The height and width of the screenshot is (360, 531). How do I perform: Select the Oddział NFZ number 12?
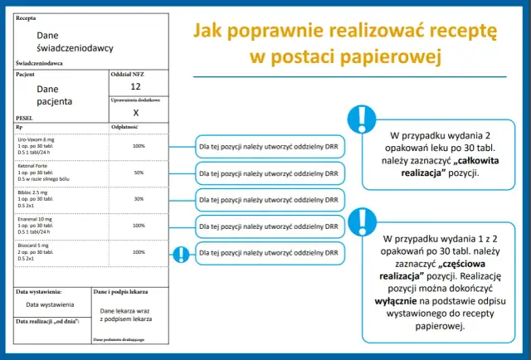[136, 86]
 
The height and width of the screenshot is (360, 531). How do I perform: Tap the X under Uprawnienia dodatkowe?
[136, 111]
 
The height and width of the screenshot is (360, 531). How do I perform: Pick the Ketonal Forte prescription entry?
[37, 173]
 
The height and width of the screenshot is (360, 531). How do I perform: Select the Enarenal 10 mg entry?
[37, 226]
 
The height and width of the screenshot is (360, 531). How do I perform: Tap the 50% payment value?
[139, 173]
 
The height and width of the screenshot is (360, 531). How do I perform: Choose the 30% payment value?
[139, 199]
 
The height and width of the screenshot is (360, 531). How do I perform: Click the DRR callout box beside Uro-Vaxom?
[269, 147]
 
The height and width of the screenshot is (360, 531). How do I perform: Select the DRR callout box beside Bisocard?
[269, 252]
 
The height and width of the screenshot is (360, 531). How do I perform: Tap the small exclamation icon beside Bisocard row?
[179, 254]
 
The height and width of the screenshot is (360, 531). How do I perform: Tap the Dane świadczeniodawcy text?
[75, 42]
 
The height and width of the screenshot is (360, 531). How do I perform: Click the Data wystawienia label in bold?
[39, 292]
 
